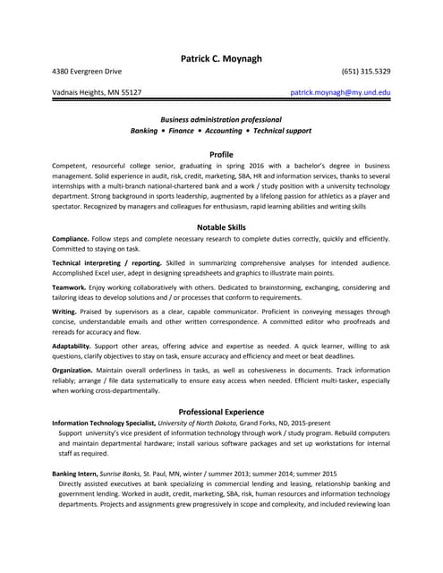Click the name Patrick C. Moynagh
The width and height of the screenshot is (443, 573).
coord(221,58)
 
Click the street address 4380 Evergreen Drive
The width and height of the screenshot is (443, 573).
coord(88,71)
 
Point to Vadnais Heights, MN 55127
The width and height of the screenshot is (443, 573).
coord(97,92)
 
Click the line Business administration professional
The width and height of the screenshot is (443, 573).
coord(221,119)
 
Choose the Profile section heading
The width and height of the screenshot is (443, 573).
coord(221,154)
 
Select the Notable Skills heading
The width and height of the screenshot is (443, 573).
coord(221,227)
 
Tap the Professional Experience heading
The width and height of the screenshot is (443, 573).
coord(221,411)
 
